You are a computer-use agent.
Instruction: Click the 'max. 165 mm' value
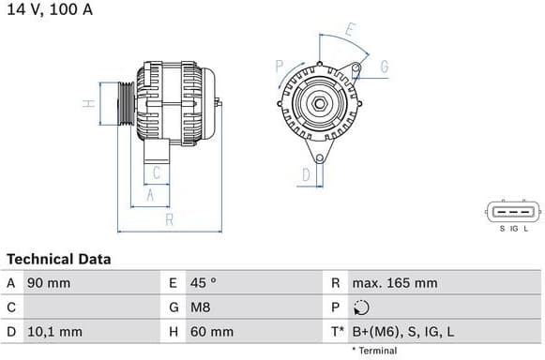tap(394, 282)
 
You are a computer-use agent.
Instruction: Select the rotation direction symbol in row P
tap(363, 307)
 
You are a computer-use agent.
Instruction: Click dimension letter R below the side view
tap(169, 220)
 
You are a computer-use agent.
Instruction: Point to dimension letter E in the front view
tap(349, 30)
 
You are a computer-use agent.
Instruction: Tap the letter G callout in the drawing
tap(385, 67)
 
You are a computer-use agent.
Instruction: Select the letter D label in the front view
tap(306, 173)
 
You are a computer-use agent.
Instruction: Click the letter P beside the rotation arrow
tap(280, 66)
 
